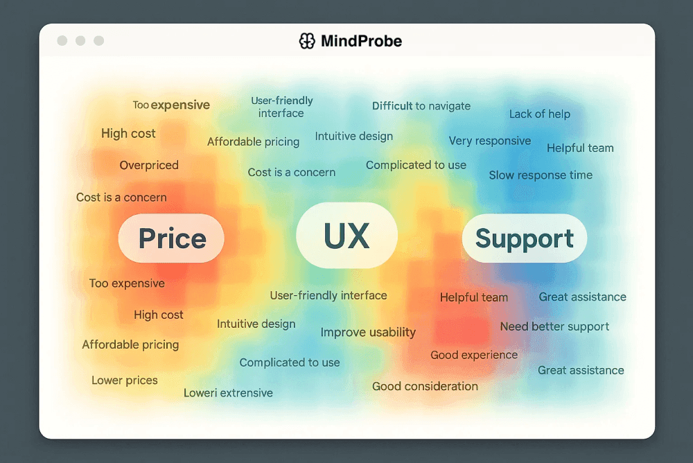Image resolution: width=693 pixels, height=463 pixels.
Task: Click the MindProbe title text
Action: [361, 41]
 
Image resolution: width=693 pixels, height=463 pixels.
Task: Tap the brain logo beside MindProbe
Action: [307, 41]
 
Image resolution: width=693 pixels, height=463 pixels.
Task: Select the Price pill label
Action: [171, 238]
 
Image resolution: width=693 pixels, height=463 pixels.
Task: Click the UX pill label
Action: [346, 235]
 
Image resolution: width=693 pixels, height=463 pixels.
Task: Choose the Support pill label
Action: [524, 238]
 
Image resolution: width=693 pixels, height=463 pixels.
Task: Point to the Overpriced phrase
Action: [149, 165]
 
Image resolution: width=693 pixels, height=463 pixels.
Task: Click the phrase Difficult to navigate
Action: [421, 106]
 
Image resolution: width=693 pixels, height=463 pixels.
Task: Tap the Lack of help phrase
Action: [540, 114]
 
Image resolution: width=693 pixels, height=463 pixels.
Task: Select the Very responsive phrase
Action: [490, 141]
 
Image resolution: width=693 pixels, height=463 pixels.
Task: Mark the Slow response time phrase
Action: [541, 175]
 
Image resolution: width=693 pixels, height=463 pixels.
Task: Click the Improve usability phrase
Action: [368, 332]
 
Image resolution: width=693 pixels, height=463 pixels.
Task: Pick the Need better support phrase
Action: [554, 326]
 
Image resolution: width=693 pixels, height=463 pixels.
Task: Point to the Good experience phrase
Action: [474, 355]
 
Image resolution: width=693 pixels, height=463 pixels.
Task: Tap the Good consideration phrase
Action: [426, 387]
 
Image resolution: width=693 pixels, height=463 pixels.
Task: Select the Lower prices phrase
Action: [125, 381]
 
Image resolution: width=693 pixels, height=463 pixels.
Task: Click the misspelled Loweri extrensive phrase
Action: [228, 393]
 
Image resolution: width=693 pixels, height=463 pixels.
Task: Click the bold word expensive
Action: [180, 105]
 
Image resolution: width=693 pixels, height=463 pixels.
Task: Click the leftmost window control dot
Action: [62, 41]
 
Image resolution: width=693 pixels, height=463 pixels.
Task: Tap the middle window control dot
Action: [80, 41]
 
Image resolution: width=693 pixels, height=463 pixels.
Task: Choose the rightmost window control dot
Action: [99, 41]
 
